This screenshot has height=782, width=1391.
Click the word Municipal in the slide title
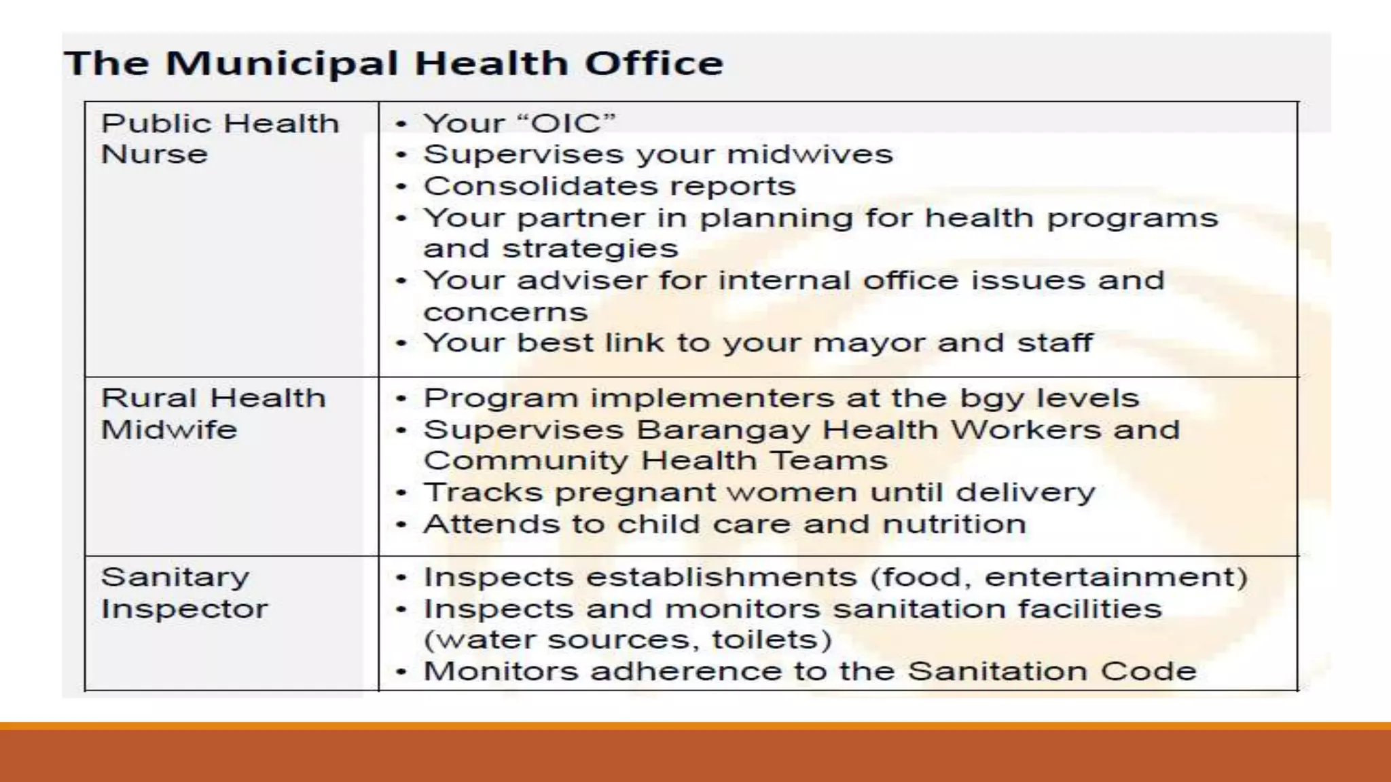click(281, 64)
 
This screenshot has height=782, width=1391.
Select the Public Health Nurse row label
click(219, 138)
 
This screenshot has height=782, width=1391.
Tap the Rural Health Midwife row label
click(213, 413)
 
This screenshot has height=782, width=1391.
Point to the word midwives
click(810, 155)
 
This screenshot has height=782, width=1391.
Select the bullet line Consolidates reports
click(609, 186)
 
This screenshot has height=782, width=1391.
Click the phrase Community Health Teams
click(655, 461)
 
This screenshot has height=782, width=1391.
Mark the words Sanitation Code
click(1051, 671)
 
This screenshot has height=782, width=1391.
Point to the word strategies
click(590, 249)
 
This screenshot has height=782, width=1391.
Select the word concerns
click(505, 312)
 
